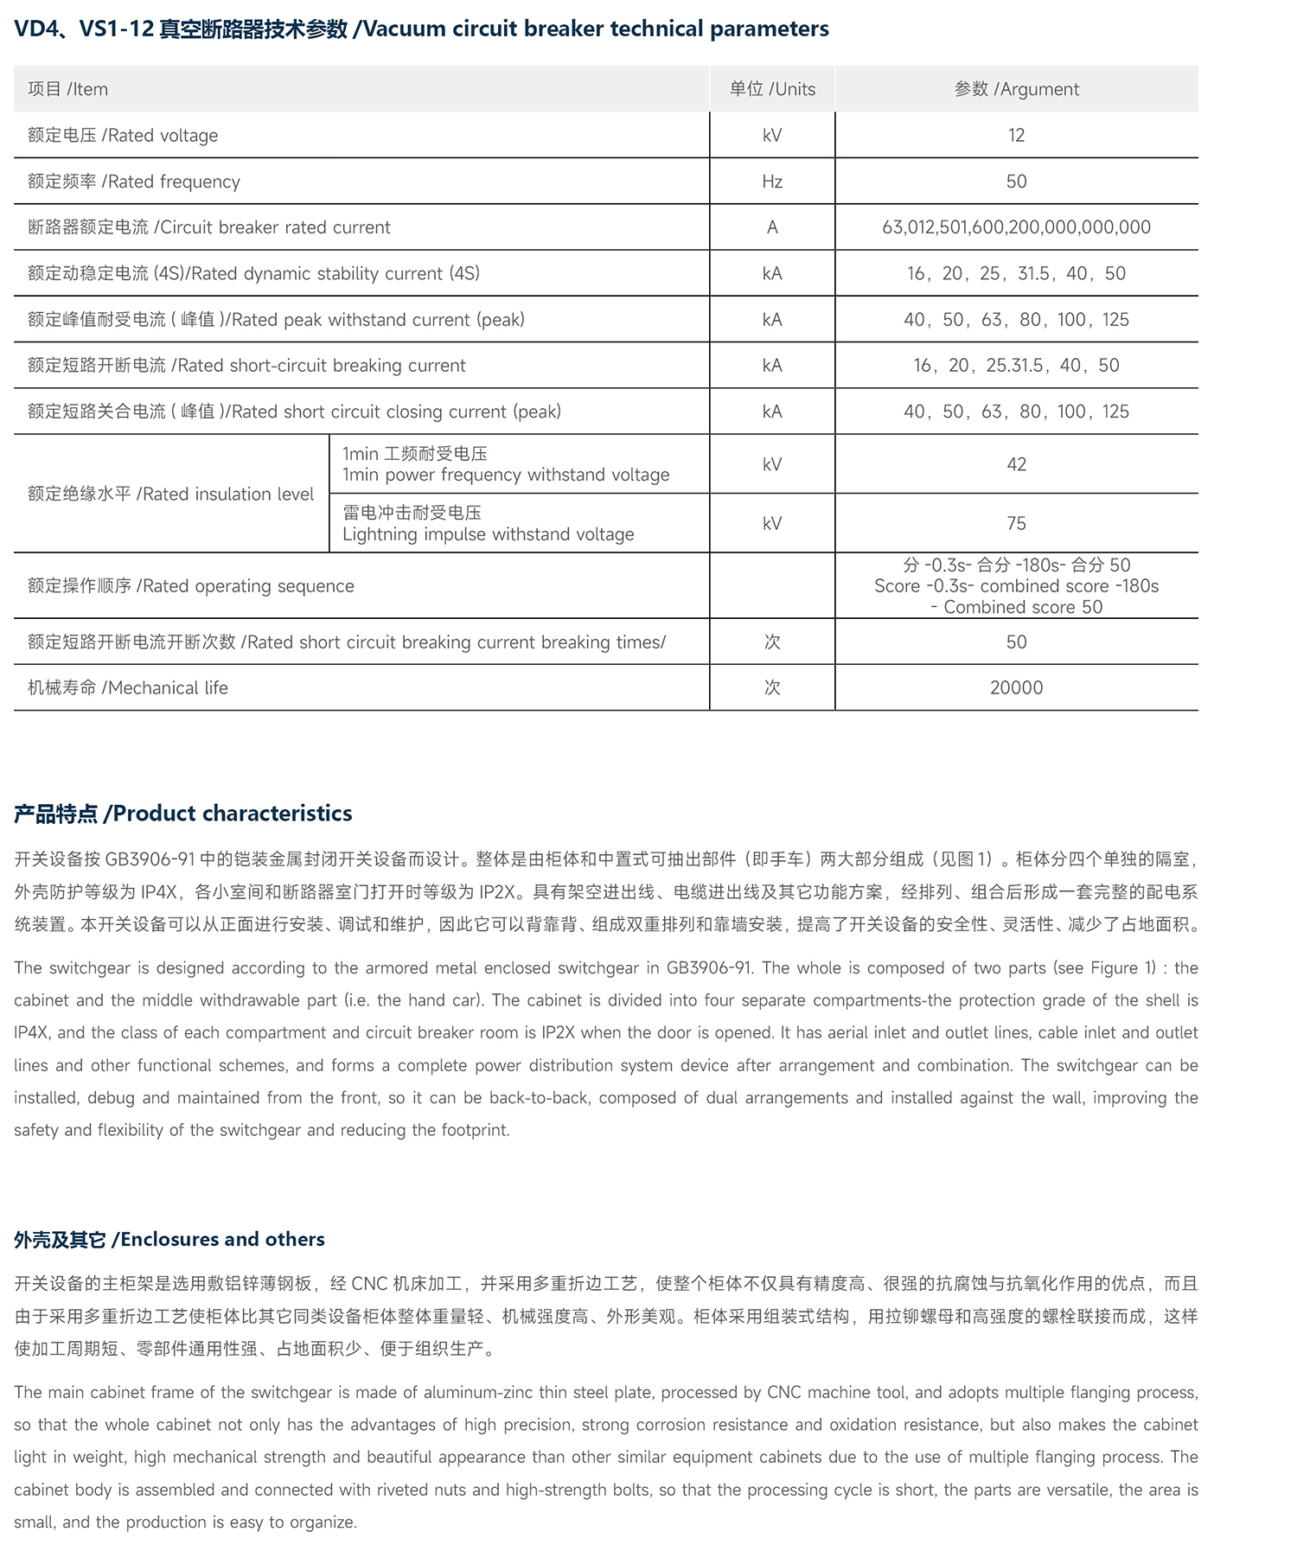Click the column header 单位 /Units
[772, 89]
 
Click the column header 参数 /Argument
[1016, 89]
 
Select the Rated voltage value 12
[1016, 136]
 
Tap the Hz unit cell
[772, 182]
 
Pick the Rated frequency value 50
[1016, 182]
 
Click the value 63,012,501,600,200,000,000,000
[1016, 227]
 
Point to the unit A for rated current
[772, 227]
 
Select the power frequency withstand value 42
[1016, 464]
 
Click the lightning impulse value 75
[1016, 523]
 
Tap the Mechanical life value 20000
[1016, 687]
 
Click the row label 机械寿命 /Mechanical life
[128, 688]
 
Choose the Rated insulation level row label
[170, 494]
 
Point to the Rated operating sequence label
[190, 586]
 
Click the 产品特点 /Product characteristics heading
[182, 814]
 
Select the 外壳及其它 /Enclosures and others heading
[169, 1239]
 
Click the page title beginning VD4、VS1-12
[421, 29]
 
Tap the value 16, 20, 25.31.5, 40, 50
[1016, 366]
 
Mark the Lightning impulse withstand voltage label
[488, 534]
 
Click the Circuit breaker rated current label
[209, 227]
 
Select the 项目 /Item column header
[67, 89]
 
